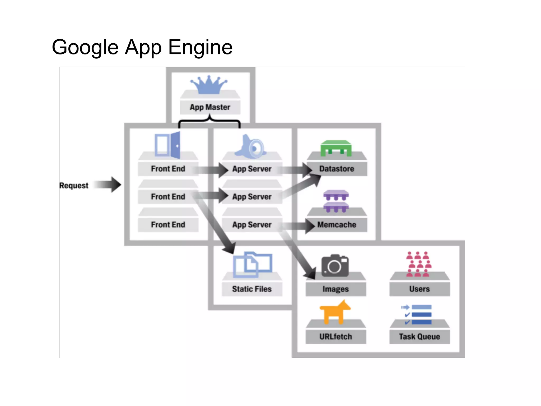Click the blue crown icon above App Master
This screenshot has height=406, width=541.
[x=209, y=85]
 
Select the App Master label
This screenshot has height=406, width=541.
[x=210, y=107]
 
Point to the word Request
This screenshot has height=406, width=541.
[x=74, y=186]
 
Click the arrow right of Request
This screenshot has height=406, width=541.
[x=108, y=184]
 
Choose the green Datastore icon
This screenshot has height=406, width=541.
[x=336, y=148]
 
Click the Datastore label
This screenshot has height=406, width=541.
[x=337, y=169]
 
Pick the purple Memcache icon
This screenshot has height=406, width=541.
[x=336, y=201]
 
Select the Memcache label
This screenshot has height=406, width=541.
[x=337, y=225]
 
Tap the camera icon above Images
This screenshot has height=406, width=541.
[x=335, y=266]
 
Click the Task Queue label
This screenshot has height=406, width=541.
[x=419, y=336]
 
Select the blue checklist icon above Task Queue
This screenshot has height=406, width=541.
[x=417, y=315]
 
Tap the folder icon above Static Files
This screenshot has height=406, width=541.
[x=252, y=264]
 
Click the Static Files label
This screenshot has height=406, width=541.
[x=252, y=289]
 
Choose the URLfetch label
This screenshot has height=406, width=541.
[x=335, y=336]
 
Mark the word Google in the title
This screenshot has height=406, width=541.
[x=85, y=48]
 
